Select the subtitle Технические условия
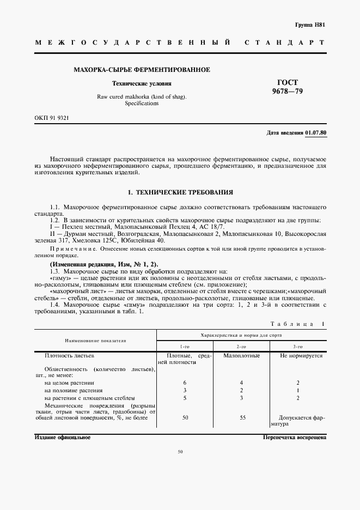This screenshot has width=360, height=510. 142,84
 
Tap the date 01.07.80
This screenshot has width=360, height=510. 315,133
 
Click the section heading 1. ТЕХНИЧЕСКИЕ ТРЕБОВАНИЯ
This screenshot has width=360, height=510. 180,192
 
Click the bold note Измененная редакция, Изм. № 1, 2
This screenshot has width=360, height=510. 103,264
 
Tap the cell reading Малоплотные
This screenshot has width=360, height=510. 242,355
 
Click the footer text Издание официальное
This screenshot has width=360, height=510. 62,437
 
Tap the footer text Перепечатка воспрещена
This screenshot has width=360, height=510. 294,437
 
